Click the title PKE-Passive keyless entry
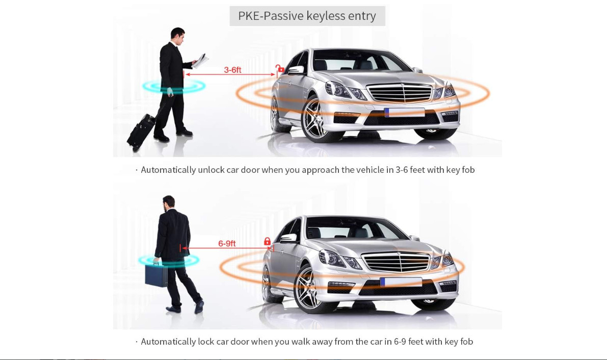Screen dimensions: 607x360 click(x=307, y=16)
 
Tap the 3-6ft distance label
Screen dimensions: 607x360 click(x=232, y=70)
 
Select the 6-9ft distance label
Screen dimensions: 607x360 click(x=227, y=244)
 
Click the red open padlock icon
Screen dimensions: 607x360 click(x=280, y=68)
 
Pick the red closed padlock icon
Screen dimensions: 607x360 click(x=267, y=241)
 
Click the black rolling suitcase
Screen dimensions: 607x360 click(x=141, y=131)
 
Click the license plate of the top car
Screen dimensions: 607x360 click(x=405, y=112)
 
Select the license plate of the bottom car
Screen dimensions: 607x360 click(x=401, y=282)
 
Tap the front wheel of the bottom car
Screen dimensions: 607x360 click(x=308, y=291)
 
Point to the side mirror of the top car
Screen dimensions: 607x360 click(x=295, y=69)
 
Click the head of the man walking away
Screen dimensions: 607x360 click(x=168, y=201)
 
